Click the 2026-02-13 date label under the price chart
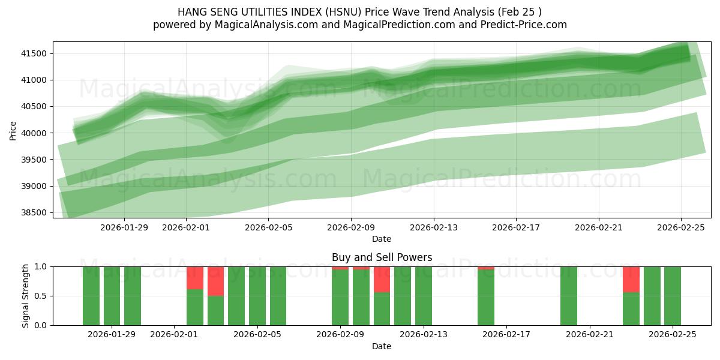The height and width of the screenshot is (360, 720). [x=434, y=227]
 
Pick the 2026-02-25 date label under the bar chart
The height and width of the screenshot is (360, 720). [x=673, y=335]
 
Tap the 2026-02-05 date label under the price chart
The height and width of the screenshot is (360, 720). [x=268, y=227]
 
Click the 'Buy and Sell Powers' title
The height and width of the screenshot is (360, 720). [x=382, y=257]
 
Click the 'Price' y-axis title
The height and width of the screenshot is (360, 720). [x=13, y=130]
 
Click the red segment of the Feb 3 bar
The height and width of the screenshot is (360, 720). [x=215, y=281]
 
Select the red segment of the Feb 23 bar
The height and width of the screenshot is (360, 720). [x=631, y=279]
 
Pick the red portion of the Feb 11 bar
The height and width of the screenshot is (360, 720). [x=382, y=279]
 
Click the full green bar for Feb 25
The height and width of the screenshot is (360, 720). [x=673, y=296]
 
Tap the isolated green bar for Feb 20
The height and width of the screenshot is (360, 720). [x=569, y=296]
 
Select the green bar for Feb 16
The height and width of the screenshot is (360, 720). [x=486, y=298]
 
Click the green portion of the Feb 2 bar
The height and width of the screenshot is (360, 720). [x=195, y=307]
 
